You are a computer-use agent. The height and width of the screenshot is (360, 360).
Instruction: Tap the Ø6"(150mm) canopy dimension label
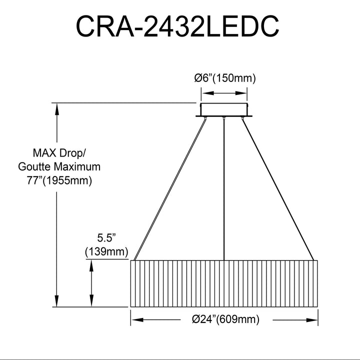(x=225, y=78)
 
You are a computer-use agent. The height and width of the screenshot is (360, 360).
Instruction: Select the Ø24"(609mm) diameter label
(x=225, y=319)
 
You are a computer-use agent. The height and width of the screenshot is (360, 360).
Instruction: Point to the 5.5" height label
(x=106, y=238)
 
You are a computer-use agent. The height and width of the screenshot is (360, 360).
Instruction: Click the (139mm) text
(x=106, y=252)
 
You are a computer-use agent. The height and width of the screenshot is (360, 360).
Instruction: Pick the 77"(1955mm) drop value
(x=59, y=180)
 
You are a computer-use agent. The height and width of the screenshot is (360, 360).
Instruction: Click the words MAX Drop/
(x=59, y=153)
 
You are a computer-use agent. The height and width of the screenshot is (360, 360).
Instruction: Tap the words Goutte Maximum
(x=59, y=166)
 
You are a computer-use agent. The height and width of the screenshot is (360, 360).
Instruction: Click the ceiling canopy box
(x=224, y=109)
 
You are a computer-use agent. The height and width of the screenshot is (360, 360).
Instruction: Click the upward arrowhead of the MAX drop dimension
(x=56, y=109)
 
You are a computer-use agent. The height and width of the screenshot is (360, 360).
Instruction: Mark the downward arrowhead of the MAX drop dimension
(x=56, y=300)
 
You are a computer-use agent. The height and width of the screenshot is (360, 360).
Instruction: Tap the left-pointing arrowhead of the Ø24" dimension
(x=137, y=320)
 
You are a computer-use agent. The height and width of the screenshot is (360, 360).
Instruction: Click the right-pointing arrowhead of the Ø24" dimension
(x=311, y=320)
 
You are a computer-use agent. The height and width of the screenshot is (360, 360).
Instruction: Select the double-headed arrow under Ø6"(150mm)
(x=224, y=93)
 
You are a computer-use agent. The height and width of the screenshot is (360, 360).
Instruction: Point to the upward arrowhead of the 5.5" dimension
(x=91, y=266)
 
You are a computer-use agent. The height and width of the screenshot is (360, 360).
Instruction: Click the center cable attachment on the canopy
(x=223, y=118)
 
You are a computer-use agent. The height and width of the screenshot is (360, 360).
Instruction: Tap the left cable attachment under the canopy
(x=205, y=118)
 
